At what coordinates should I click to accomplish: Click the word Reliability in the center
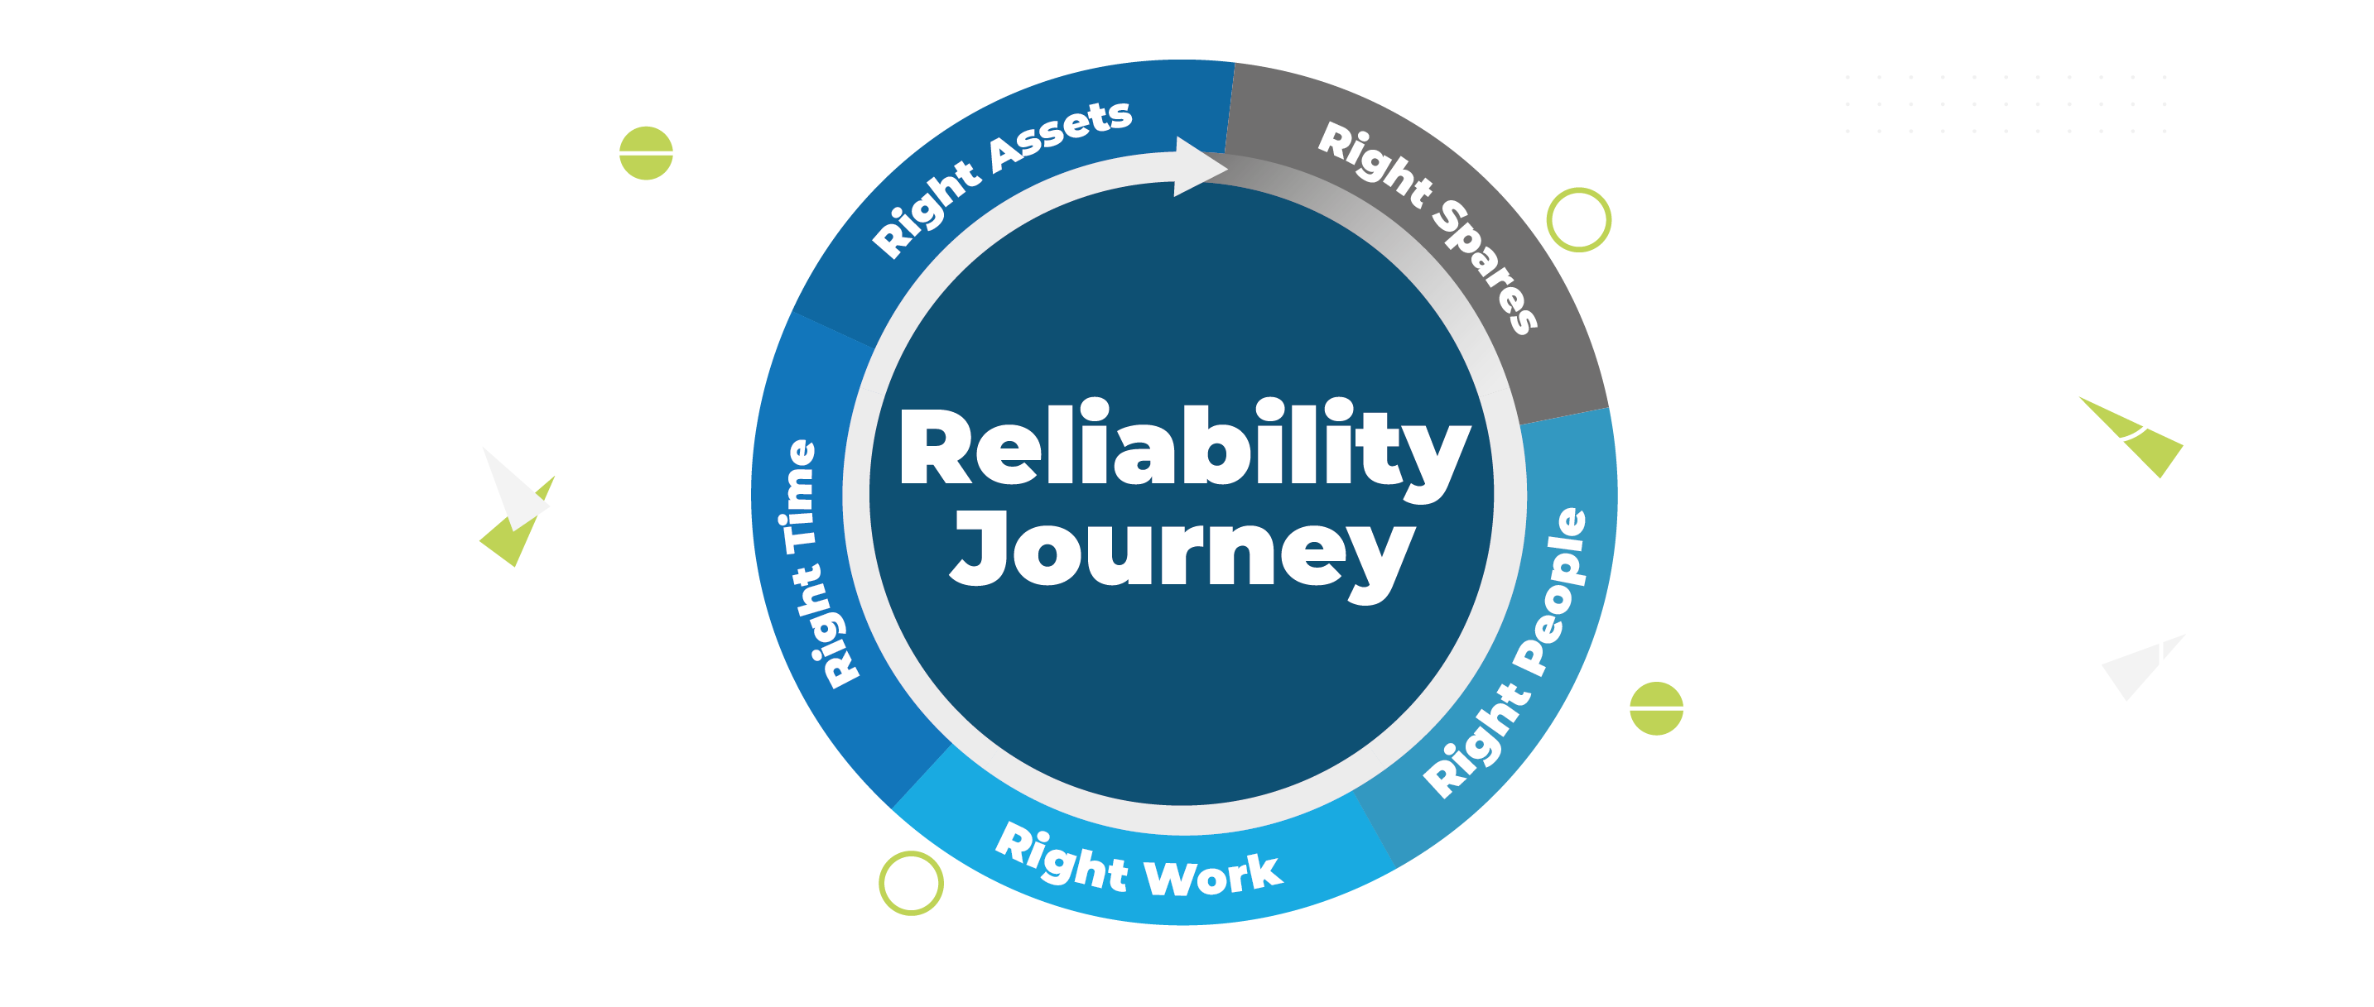click(x=1184, y=447)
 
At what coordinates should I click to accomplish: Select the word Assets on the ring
click(x=1061, y=137)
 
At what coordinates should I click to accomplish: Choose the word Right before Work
click(x=1061, y=858)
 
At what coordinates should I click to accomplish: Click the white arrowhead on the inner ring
click(x=1198, y=167)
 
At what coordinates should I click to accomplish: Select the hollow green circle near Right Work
click(x=911, y=883)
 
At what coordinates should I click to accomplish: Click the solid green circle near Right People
click(x=1656, y=708)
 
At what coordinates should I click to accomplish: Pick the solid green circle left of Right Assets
click(x=646, y=153)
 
